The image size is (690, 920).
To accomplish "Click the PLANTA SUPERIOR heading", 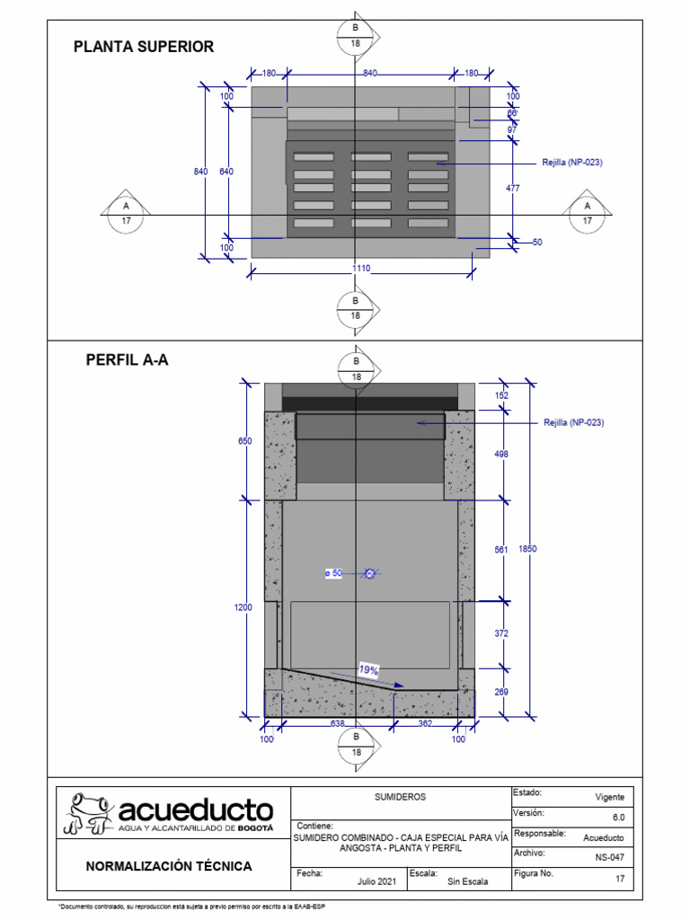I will click(x=144, y=47).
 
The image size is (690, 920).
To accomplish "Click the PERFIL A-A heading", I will click(x=127, y=360).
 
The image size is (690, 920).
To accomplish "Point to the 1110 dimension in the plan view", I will click(x=361, y=268).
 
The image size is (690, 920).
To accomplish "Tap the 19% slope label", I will click(x=367, y=669).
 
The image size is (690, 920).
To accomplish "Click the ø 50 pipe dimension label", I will click(x=333, y=572).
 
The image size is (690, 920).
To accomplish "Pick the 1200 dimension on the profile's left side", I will click(x=243, y=607).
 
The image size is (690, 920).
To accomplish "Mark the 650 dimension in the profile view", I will click(x=244, y=441).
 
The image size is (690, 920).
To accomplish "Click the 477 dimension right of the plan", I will click(x=512, y=188).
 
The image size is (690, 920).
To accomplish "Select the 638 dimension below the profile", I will click(x=339, y=722).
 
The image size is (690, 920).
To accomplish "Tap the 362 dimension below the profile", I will click(x=425, y=722).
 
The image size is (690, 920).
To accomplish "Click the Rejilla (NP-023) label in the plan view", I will click(x=571, y=163).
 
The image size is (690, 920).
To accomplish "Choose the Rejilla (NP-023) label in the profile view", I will click(x=573, y=422).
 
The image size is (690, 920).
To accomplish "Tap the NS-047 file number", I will click(x=609, y=857).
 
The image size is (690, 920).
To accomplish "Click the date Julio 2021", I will click(x=376, y=881).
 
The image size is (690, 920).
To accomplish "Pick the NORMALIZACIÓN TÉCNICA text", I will click(x=169, y=866).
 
